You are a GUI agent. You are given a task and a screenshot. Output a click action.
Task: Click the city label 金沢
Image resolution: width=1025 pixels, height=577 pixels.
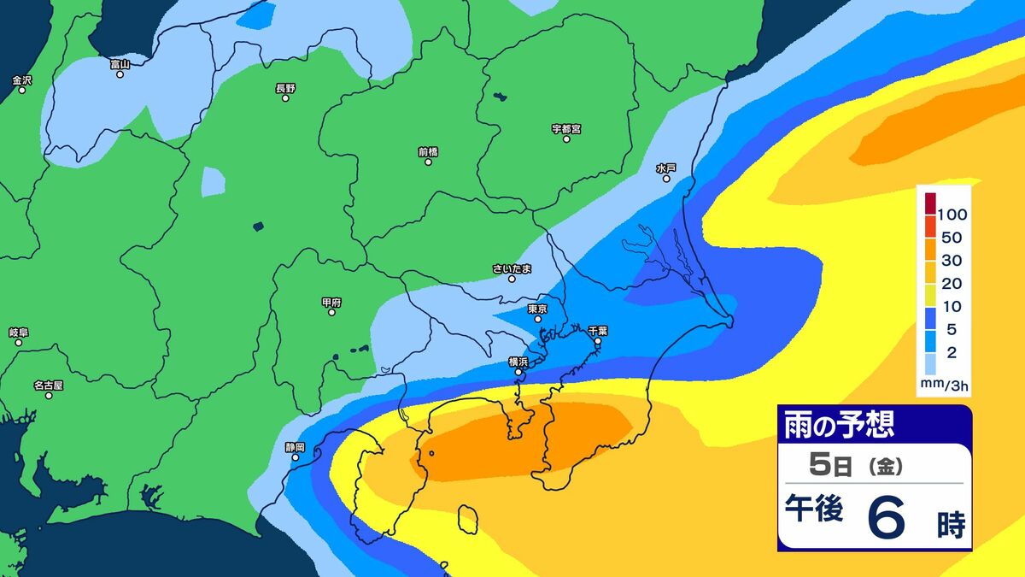pyautogui.click(x=21, y=80)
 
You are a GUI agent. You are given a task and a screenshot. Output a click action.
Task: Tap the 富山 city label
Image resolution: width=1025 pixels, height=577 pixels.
pyautogui.click(x=120, y=63)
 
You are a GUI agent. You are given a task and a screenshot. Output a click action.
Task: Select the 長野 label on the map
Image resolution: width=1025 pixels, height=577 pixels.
pyautogui.click(x=285, y=87)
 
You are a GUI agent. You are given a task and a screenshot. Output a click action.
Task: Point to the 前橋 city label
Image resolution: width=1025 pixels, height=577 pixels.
pyautogui.click(x=428, y=151)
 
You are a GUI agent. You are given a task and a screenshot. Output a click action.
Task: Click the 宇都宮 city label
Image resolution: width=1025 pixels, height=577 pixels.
pyautogui.click(x=566, y=129)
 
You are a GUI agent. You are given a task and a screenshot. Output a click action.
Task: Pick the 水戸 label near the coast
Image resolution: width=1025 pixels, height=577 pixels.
pyautogui.click(x=666, y=168)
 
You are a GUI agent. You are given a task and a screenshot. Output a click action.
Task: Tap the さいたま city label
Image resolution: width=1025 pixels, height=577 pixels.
pyautogui.click(x=512, y=268)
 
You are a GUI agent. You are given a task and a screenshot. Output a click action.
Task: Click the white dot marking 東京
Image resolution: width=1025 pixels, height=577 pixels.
pyautogui.click(x=538, y=320)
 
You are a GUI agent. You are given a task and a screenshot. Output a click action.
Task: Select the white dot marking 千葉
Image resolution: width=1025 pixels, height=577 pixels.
pyautogui.click(x=597, y=341)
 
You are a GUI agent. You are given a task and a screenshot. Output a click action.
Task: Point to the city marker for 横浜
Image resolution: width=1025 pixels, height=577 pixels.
pyautogui.click(x=518, y=372)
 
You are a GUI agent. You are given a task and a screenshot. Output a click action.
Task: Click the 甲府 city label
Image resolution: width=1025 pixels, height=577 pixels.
pyautogui.click(x=331, y=302)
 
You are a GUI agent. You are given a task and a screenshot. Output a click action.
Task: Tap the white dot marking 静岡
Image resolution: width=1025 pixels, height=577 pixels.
pyautogui.click(x=296, y=457)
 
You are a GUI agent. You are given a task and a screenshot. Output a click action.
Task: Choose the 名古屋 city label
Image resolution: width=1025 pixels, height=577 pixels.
pyautogui.click(x=49, y=385)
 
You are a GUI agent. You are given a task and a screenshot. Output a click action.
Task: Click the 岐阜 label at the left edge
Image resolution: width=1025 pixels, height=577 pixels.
pyautogui.click(x=18, y=332)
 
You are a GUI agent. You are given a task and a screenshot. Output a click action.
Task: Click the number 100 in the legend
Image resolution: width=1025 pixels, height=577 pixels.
pyautogui.click(x=951, y=213)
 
